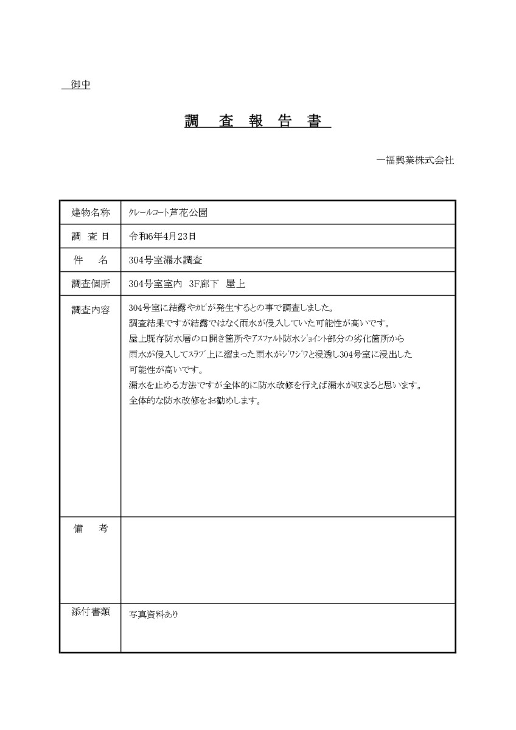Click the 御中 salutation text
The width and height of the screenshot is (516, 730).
click(x=80, y=85)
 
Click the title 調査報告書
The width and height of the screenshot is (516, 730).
click(x=257, y=120)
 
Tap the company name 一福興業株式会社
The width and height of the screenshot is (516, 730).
click(x=415, y=161)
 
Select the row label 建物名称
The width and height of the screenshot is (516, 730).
click(x=91, y=212)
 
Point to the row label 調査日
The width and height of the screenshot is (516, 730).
click(x=91, y=236)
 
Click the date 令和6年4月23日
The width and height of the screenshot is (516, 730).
click(x=162, y=236)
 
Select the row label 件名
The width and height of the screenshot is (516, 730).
click(x=91, y=260)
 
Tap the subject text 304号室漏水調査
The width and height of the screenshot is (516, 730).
click(x=166, y=260)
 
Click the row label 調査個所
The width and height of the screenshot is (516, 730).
click(x=91, y=283)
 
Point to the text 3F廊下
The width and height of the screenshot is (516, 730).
click(x=203, y=283)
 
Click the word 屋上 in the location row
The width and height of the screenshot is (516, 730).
click(x=235, y=283)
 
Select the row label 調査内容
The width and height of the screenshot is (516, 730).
click(x=91, y=309)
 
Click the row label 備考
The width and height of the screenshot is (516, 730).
click(x=91, y=529)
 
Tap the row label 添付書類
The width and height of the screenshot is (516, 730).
click(x=91, y=613)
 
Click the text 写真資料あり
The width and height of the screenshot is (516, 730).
click(x=154, y=614)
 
